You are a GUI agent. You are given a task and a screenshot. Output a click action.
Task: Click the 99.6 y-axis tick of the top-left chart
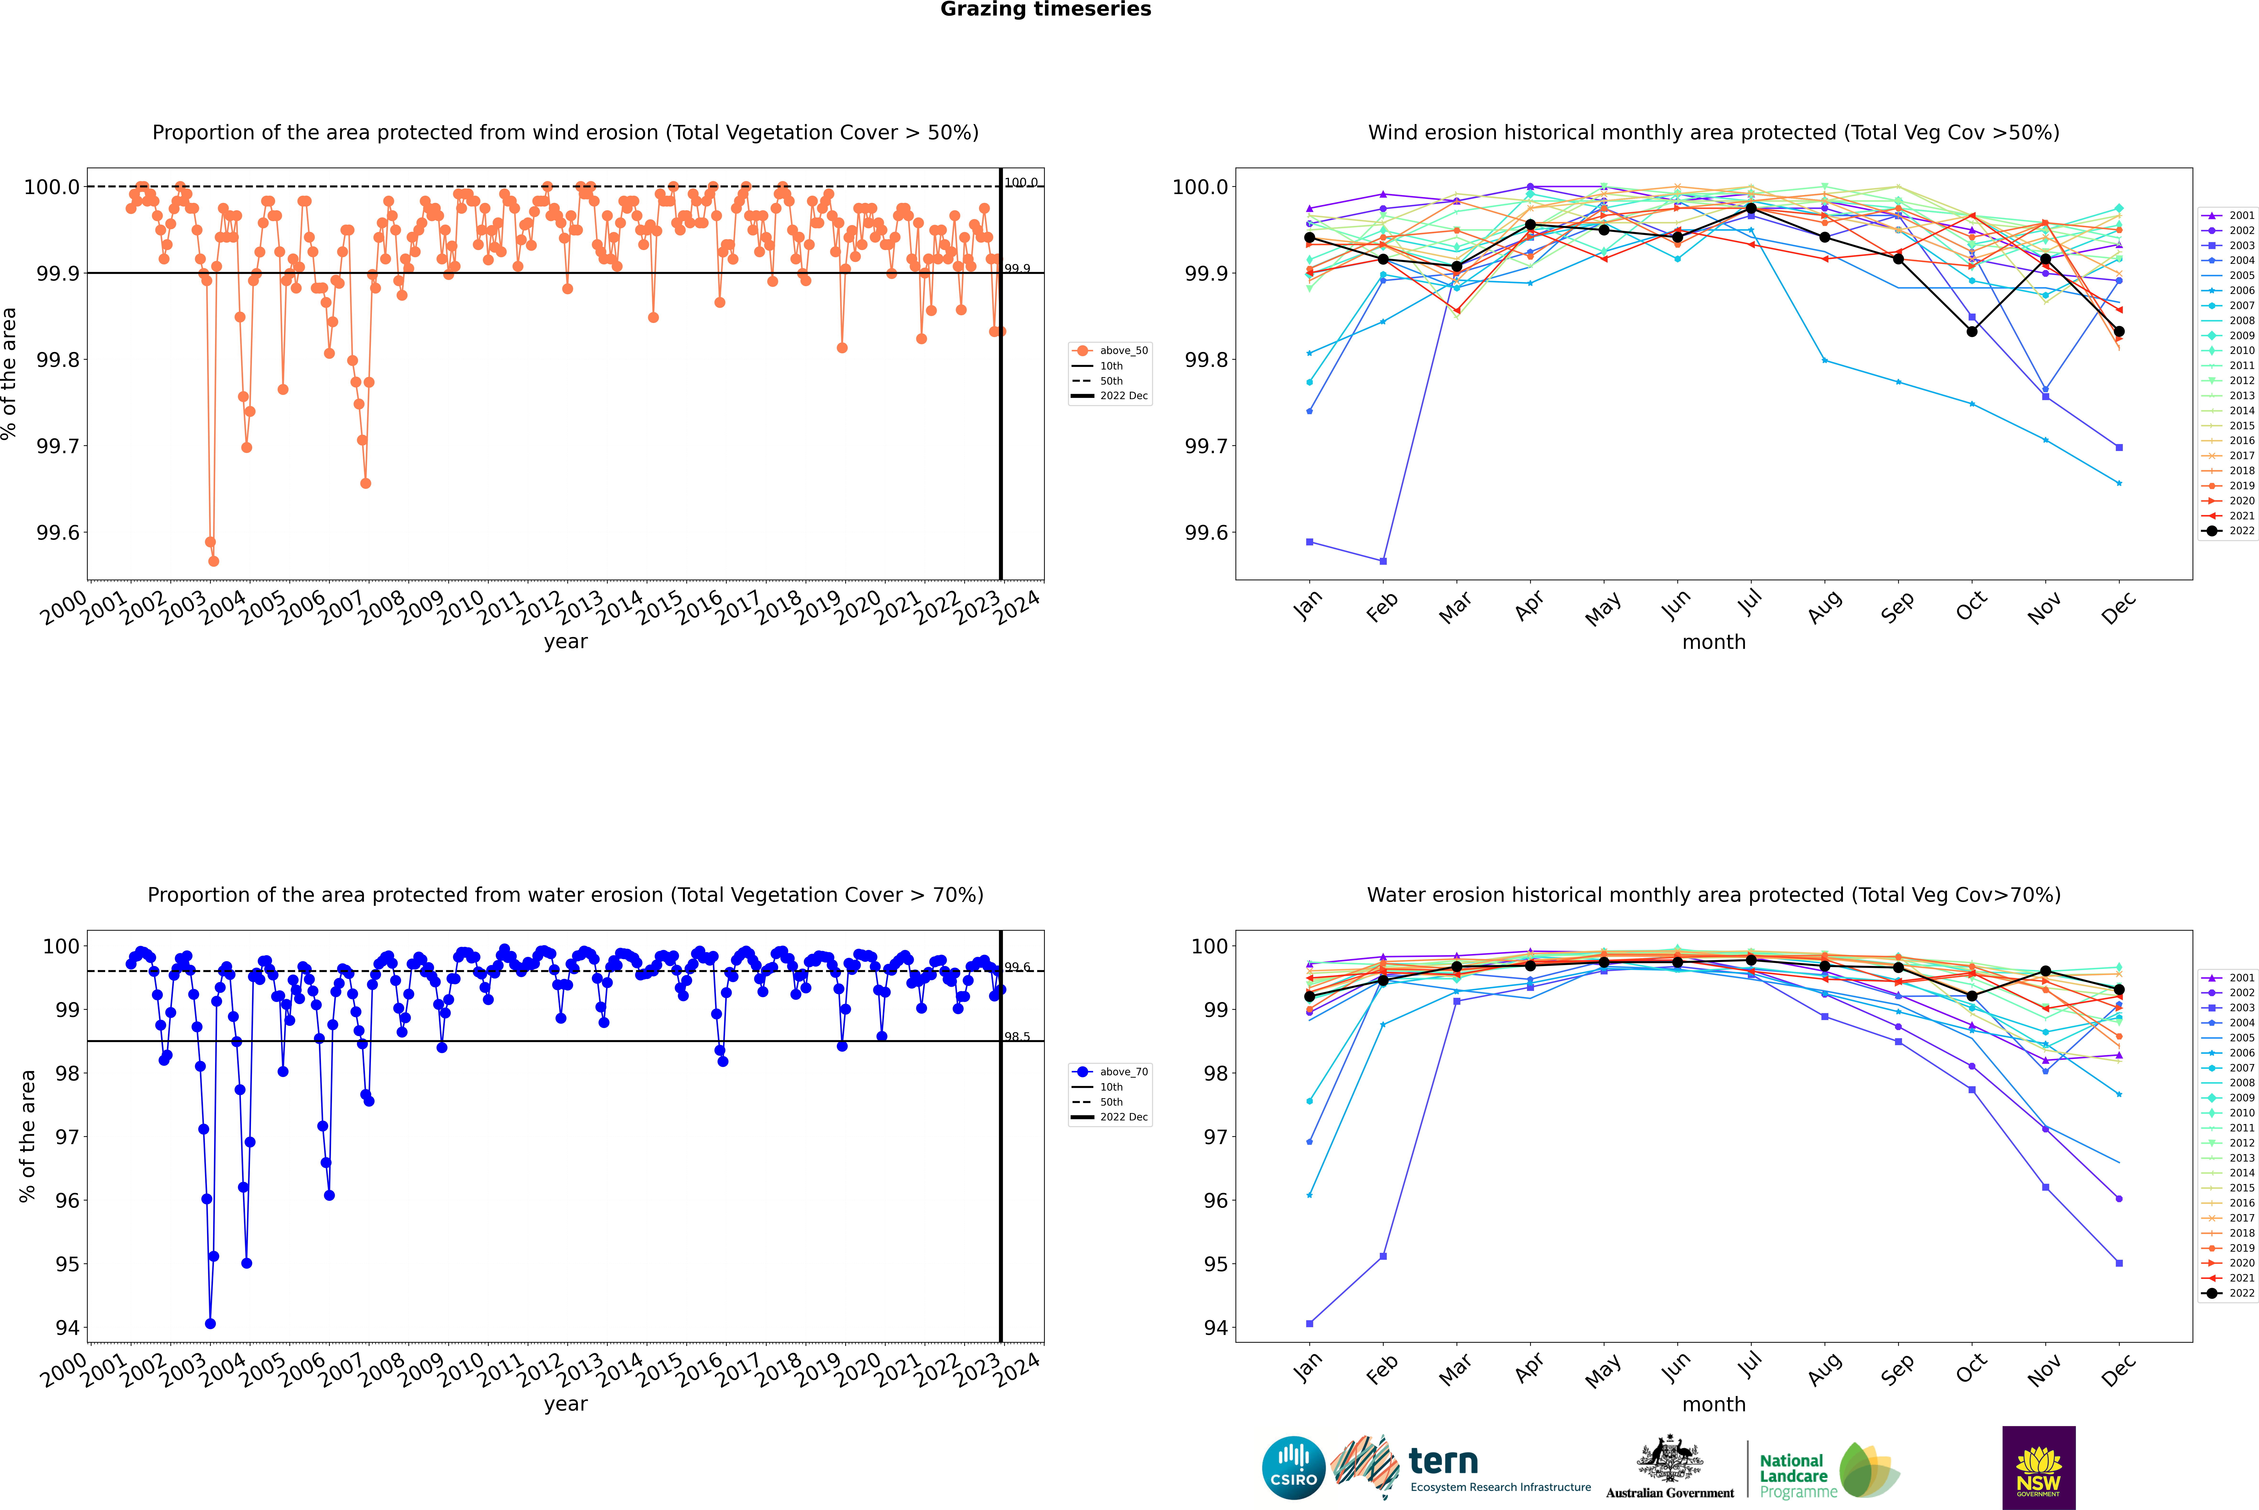pos(58,532)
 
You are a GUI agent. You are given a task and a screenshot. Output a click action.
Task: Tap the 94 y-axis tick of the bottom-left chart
pos(67,1327)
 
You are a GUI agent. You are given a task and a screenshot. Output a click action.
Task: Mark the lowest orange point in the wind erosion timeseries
pos(214,560)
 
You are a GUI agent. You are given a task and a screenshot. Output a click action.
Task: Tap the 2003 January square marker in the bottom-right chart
pos(1310,1323)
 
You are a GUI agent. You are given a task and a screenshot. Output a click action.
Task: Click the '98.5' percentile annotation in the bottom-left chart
pos(1017,1037)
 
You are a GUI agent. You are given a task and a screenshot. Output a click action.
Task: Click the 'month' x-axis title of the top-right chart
pos(1713,642)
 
